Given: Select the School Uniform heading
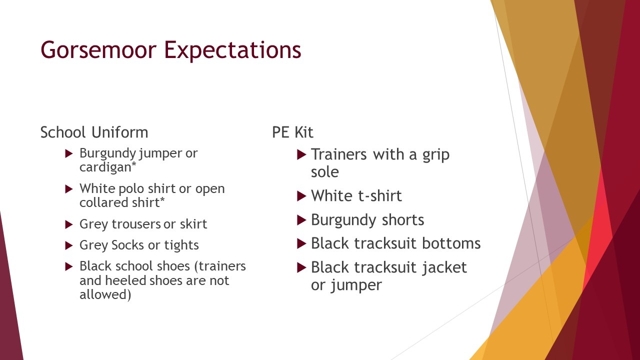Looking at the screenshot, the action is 94,132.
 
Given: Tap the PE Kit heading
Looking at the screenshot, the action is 292,132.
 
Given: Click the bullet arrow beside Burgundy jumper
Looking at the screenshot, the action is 69,153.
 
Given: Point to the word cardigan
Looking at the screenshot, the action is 105,167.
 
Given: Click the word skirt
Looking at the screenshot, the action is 193,224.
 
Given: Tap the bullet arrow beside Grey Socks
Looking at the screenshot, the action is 69,245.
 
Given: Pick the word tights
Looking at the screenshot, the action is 181,245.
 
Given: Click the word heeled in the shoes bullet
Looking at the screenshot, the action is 125,280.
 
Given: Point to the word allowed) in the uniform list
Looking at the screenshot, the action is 105,294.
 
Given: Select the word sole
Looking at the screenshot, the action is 325,172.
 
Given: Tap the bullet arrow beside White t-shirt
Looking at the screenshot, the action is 301,196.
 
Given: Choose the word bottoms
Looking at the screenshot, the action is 451,243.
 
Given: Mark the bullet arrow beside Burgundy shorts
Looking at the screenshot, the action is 301,220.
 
